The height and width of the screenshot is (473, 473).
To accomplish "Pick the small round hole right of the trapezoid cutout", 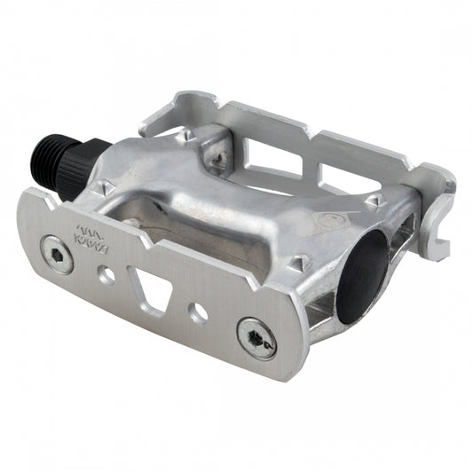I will pyautogui.click(x=200, y=314).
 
